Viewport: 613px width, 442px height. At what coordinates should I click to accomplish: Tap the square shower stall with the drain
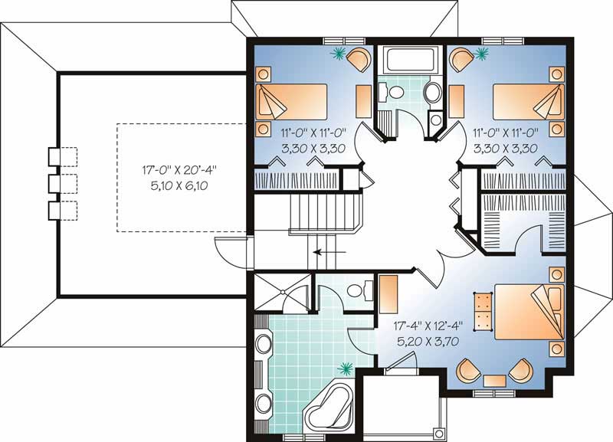[x=283, y=291]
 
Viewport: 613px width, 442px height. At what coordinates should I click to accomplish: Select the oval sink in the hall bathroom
[x=432, y=95]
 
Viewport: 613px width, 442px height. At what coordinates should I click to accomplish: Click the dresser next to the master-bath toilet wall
[x=388, y=289]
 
